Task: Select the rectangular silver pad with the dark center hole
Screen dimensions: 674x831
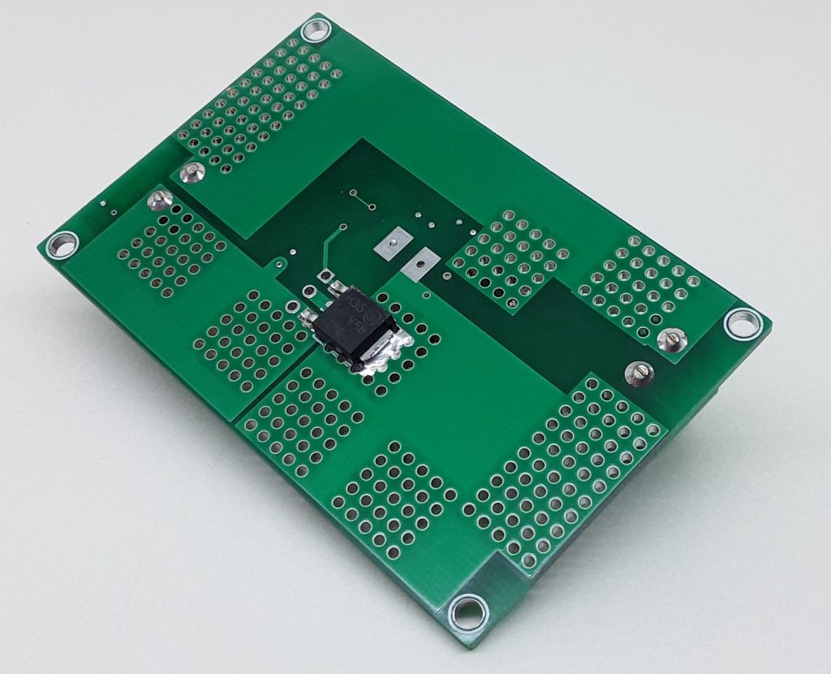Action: pos(393,243)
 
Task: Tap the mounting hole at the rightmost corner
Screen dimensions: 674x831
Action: pos(742,322)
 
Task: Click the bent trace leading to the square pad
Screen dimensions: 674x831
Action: pos(331,248)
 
